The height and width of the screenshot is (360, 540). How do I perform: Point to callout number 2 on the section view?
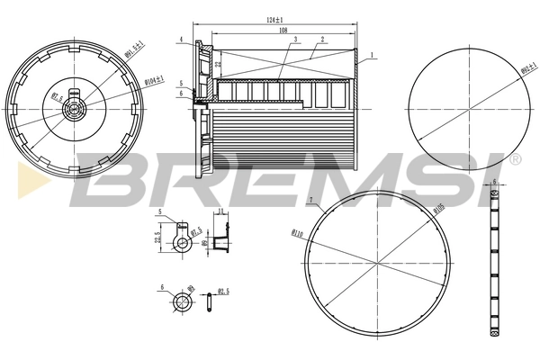pos(321,40)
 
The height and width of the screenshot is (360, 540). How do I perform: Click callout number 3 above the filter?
pos(295,40)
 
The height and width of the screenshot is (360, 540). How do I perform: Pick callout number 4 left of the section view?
pos(181,40)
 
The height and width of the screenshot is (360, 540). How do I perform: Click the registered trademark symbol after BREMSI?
pos(515,159)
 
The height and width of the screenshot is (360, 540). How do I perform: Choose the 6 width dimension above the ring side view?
pos(494,182)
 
